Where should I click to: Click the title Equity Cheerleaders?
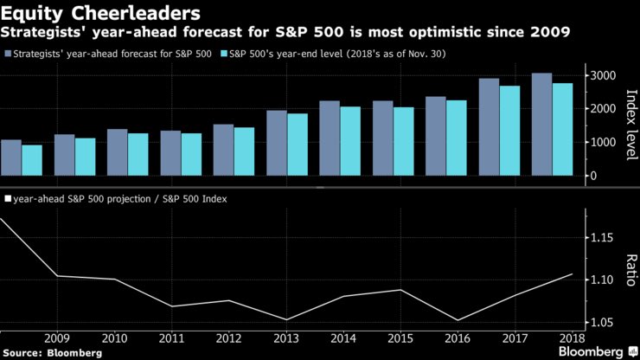(101, 13)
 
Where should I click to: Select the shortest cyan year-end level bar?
(32, 161)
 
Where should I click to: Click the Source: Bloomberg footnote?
(52, 352)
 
